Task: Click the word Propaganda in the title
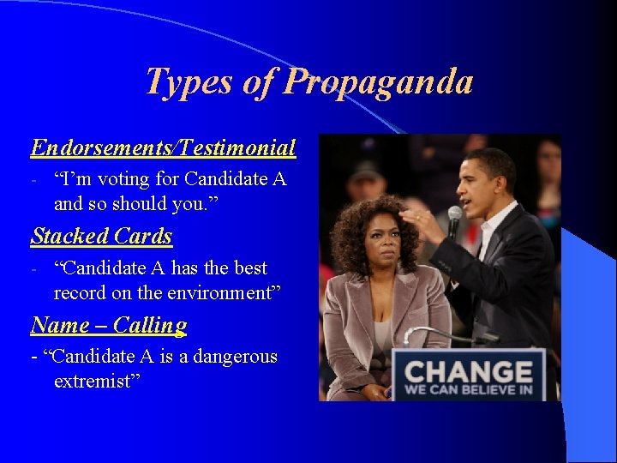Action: click(x=378, y=82)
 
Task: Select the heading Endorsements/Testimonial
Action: click(x=163, y=148)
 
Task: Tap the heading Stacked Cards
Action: click(x=101, y=236)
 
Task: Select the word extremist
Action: click(x=93, y=381)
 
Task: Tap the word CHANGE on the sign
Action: click(x=468, y=373)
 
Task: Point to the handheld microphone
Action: click(x=455, y=219)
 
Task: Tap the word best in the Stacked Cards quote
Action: click(x=250, y=268)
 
